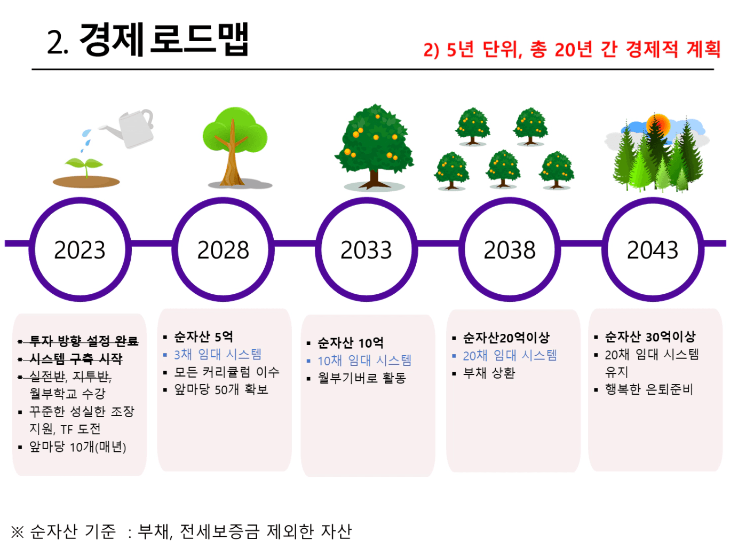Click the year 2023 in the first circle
(x=80, y=250)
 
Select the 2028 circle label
(x=223, y=250)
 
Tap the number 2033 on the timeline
(x=366, y=250)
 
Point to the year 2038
(x=510, y=250)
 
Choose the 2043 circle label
(x=653, y=250)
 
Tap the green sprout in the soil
(x=84, y=166)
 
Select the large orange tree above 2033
(x=375, y=146)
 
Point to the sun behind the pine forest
(x=658, y=124)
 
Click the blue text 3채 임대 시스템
(x=218, y=354)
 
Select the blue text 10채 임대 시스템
(x=364, y=361)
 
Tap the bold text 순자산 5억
(x=203, y=336)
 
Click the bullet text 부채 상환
(x=489, y=373)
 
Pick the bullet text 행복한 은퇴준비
(x=649, y=389)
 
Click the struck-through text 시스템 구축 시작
(x=76, y=358)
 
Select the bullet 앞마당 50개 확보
(x=221, y=389)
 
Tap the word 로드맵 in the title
(x=200, y=40)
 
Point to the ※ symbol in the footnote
(x=17, y=531)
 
